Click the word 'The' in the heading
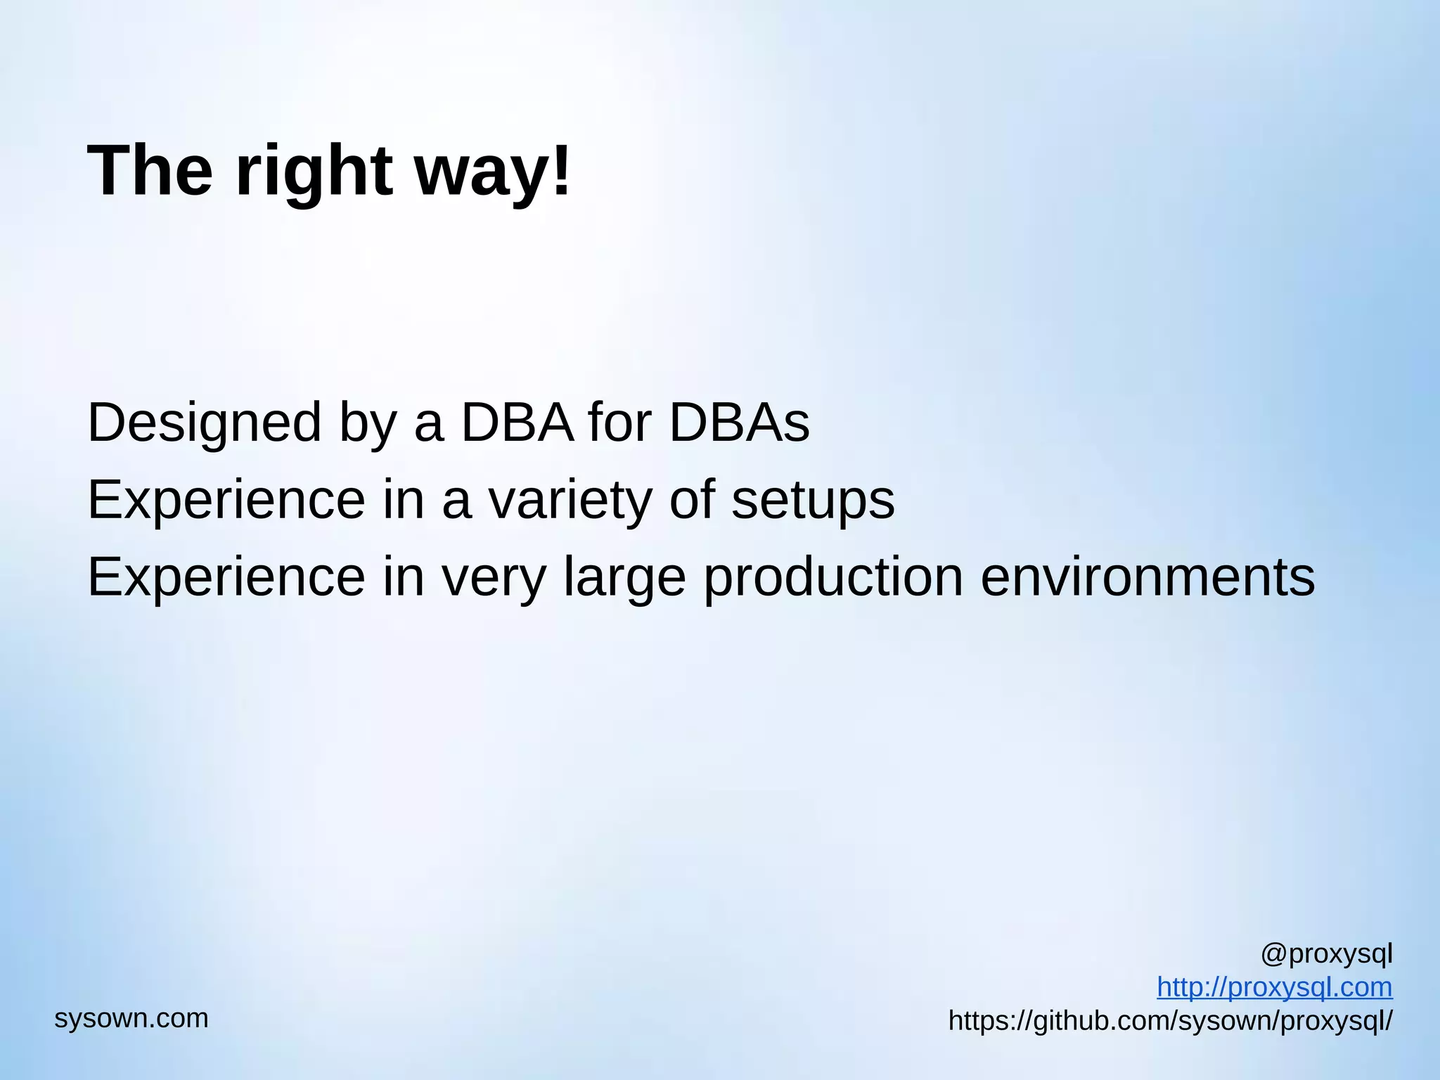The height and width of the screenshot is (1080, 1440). [150, 171]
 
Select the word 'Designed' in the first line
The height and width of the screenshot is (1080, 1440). [204, 423]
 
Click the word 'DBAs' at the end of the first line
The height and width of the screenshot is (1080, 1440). [739, 423]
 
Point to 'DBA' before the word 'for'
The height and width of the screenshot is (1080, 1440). [517, 423]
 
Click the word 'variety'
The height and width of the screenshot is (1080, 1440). [570, 501]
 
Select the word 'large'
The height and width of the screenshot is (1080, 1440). [624, 579]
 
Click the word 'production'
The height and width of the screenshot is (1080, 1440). [833, 579]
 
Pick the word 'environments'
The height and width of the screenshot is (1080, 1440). [1147, 577]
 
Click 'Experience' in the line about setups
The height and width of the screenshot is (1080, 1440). [226, 501]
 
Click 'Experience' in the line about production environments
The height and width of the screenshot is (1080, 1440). [226, 578]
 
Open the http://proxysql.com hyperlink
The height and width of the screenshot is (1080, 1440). [1274, 987]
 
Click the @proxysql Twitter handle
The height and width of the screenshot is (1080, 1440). [1326, 954]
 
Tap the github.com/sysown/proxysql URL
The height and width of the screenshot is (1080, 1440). [1170, 1021]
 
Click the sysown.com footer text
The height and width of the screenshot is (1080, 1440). [131, 1018]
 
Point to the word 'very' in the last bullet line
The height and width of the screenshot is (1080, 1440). [493, 579]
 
